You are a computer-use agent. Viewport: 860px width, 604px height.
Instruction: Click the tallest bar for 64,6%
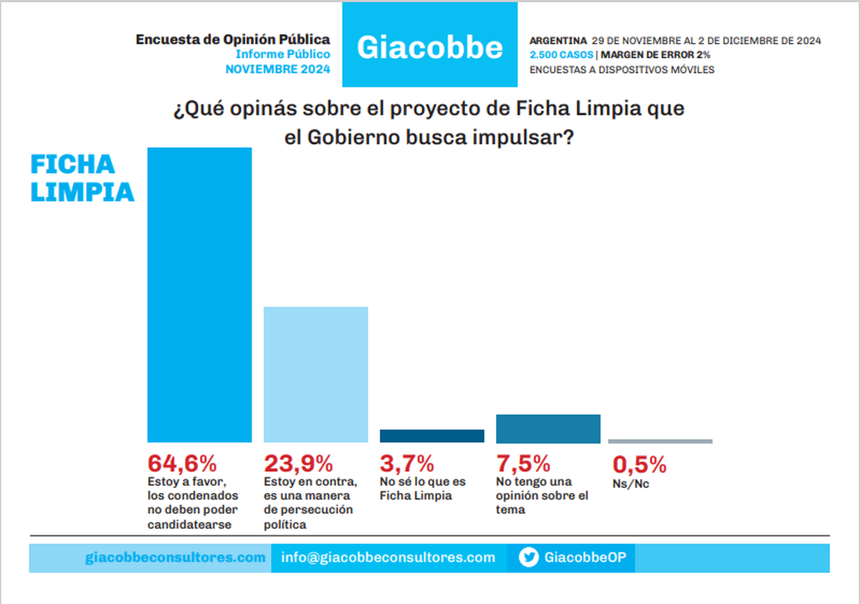pyautogui.click(x=199, y=294)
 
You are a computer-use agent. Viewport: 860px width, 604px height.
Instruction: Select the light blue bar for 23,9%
pyautogui.click(x=316, y=374)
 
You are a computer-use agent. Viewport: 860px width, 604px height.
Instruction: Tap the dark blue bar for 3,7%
pyautogui.click(x=432, y=436)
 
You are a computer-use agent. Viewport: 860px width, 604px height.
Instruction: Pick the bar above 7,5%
pyautogui.click(x=548, y=428)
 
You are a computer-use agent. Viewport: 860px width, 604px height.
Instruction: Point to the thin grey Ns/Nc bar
pyautogui.click(x=660, y=441)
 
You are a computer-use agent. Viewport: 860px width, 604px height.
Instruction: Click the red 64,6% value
pyautogui.click(x=182, y=464)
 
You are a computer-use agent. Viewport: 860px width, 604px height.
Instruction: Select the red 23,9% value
pyautogui.click(x=299, y=464)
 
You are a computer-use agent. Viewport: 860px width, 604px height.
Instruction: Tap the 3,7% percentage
pyautogui.click(x=407, y=464)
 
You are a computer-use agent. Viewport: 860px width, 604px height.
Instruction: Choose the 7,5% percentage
pyautogui.click(x=523, y=464)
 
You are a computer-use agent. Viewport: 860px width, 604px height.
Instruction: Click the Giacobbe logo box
pyautogui.click(x=429, y=45)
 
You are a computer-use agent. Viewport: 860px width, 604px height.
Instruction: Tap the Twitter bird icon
pyautogui.click(x=529, y=557)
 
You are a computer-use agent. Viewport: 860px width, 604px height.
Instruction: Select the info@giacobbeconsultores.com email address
pyautogui.click(x=388, y=557)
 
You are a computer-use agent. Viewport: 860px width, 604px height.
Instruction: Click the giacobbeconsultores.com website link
pyautogui.click(x=175, y=557)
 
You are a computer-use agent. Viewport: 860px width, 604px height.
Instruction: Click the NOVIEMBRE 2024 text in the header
pyautogui.click(x=278, y=69)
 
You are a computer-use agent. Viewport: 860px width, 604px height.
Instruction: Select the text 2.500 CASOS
pyautogui.click(x=561, y=54)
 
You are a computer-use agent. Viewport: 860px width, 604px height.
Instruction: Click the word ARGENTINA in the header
pyautogui.click(x=558, y=40)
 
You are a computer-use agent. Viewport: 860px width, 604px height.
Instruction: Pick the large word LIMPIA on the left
pyautogui.click(x=82, y=193)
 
